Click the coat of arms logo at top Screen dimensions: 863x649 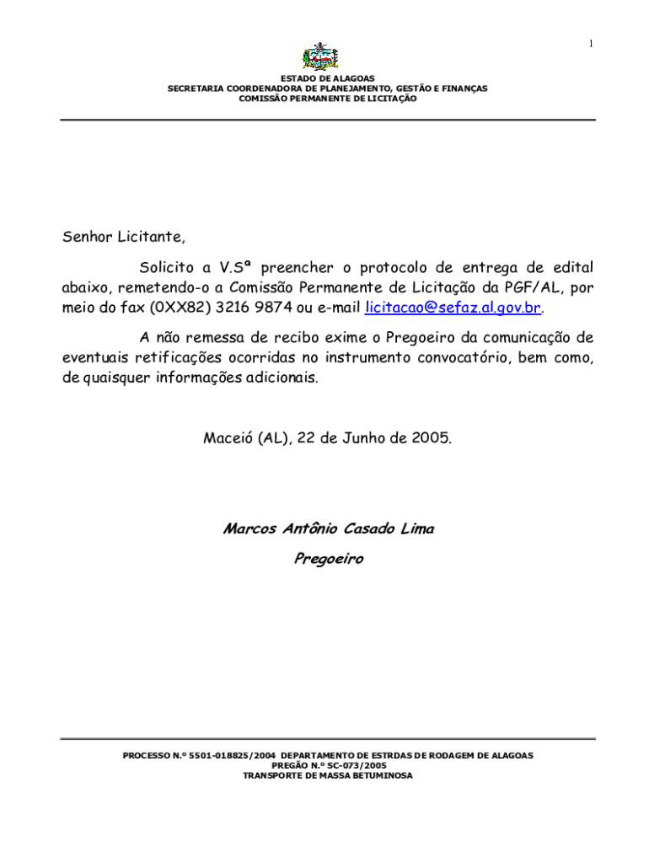click(x=319, y=57)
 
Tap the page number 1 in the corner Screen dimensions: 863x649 click(x=591, y=43)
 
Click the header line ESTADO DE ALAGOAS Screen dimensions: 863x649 click(x=328, y=78)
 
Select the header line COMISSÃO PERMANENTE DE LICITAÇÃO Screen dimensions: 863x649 click(x=328, y=99)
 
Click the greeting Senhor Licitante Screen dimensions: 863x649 click(x=123, y=237)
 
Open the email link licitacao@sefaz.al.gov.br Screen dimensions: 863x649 click(x=453, y=308)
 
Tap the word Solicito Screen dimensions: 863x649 click(x=167, y=267)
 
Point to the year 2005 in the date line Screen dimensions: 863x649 click(x=430, y=438)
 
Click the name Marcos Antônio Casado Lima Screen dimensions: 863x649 click(x=328, y=529)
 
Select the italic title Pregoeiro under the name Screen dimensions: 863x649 click(x=328, y=559)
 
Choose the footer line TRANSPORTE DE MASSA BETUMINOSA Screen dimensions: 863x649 click(x=328, y=775)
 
